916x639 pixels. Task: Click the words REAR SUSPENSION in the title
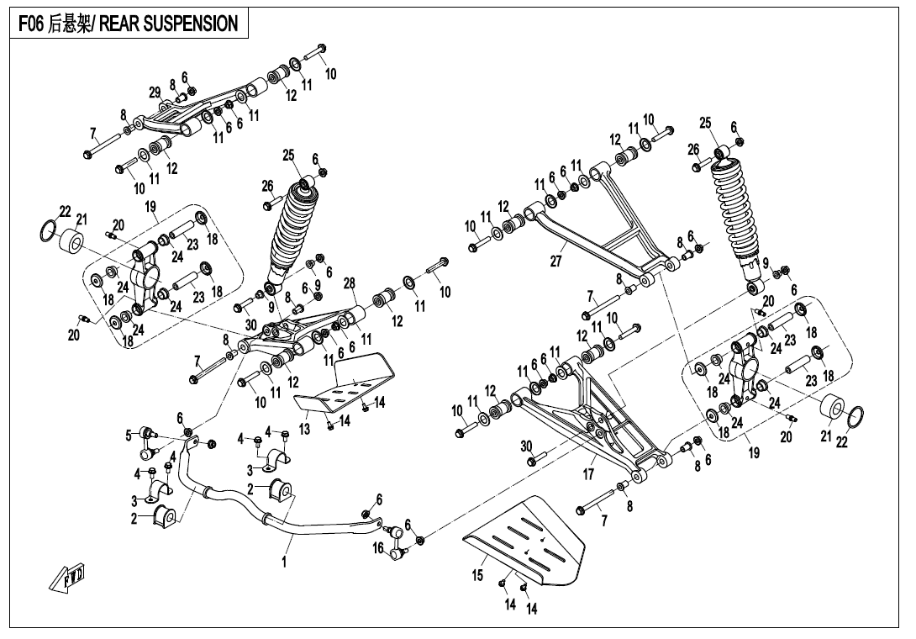pyautogui.click(x=168, y=24)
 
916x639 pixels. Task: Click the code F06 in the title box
pyautogui.click(x=31, y=24)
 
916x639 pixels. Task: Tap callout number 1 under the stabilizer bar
pyautogui.click(x=284, y=562)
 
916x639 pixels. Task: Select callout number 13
pyautogui.click(x=305, y=429)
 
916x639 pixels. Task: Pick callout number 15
pyautogui.click(x=478, y=576)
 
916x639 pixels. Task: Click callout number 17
pyautogui.click(x=589, y=474)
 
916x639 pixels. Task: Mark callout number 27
pyautogui.click(x=555, y=261)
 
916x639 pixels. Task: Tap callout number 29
pyautogui.click(x=155, y=92)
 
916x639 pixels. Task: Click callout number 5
pyautogui.click(x=129, y=435)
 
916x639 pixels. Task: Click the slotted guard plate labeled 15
pyautogui.click(x=529, y=542)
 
